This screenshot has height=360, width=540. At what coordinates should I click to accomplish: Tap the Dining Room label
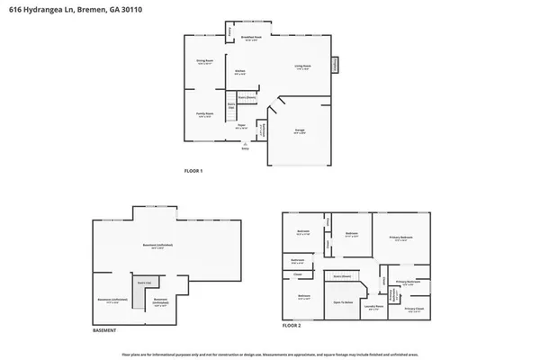coord(204,62)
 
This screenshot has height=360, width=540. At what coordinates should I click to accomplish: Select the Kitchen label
coord(240,71)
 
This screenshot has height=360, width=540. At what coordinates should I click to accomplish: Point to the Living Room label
coord(302,66)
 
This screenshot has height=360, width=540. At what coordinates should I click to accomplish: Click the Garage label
coord(300,131)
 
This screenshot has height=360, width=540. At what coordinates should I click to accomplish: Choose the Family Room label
coord(204,114)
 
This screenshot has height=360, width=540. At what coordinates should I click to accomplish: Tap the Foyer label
coord(241,127)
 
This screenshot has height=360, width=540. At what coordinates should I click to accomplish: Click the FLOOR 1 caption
coord(193,170)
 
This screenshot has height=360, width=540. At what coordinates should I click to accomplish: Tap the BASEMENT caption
coord(104,329)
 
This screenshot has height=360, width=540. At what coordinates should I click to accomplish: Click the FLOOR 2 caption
coord(290,329)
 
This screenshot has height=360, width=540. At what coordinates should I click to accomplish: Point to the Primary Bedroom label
coord(399,238)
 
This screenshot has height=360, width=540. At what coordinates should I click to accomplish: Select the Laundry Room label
coord(373,307)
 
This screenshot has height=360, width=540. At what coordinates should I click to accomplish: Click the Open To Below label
coord(340,303)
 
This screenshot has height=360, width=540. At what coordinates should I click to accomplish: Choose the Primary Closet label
coord(413,309)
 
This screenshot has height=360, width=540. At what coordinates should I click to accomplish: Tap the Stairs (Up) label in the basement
coord(143,283)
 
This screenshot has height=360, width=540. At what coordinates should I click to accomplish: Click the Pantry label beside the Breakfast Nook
coord(230,33)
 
